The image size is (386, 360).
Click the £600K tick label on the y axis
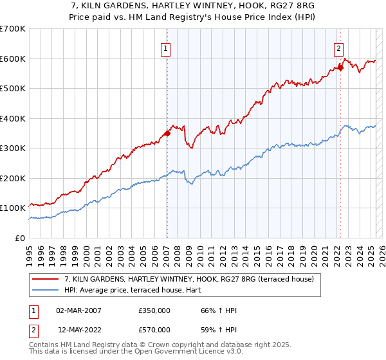point(13,59)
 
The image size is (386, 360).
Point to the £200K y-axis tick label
point(13,178)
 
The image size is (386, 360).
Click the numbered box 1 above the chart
point(166,48)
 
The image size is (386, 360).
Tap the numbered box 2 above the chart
point(338,48)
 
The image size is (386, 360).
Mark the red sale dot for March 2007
point(167,133)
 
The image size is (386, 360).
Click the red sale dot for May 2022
point(340,67)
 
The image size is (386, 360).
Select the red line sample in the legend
point(46,278)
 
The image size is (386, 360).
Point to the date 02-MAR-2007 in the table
point(79,310)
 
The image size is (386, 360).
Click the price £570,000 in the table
point(154,330)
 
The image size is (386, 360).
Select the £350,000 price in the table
point(154,310)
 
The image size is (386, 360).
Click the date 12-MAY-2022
point(79,330)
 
